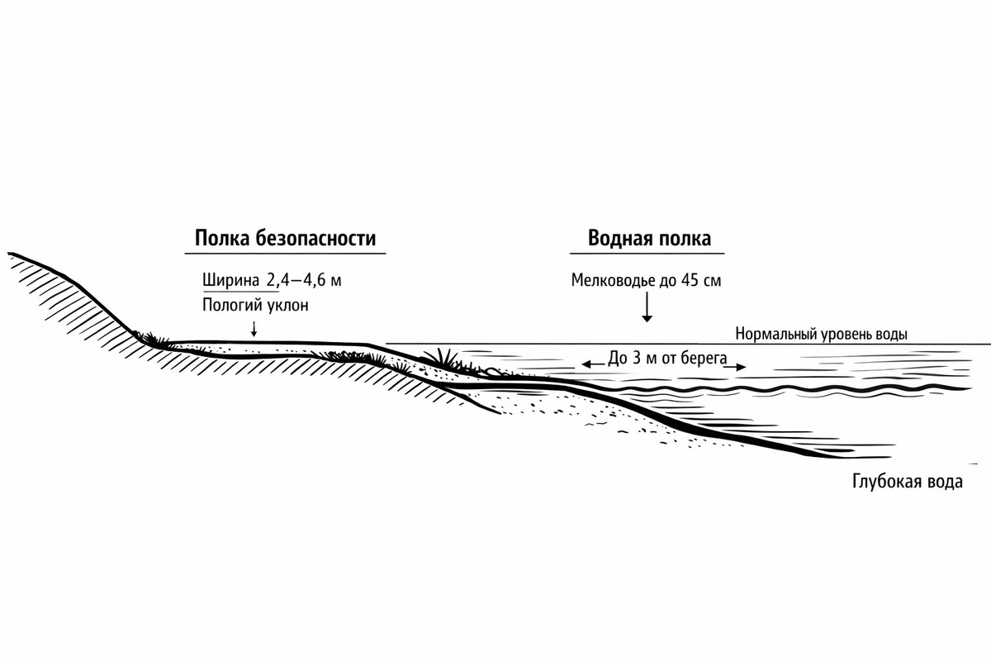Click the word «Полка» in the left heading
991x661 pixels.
222,238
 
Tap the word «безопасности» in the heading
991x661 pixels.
315,238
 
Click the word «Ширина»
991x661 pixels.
231,281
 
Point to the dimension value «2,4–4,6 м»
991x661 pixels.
304,281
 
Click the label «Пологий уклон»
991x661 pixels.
255,305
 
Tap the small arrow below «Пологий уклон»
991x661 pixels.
254,329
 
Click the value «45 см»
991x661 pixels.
701,280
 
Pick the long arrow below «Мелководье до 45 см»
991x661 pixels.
647,307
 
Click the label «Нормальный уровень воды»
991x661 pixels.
821,334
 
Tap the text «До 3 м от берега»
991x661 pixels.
667,358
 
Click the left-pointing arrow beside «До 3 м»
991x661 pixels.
593,364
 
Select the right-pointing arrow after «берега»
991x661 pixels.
735,367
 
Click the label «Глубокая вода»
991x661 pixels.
908,482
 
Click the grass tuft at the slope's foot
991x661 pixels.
153,339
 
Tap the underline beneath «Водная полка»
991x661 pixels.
647,254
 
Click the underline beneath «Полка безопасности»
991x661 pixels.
286,254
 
